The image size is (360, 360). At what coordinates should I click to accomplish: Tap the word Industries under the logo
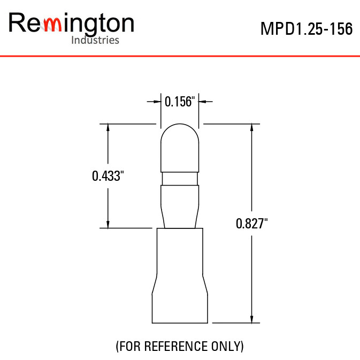point(95,40)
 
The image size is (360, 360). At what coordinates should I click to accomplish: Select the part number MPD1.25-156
point(307,29)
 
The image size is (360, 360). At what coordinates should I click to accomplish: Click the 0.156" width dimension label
point(180,102)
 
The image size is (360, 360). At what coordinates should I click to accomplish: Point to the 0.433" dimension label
point(108,176)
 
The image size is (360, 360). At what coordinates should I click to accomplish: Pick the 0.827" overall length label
point(251,224)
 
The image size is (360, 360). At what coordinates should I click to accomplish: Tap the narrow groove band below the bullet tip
point(180,179)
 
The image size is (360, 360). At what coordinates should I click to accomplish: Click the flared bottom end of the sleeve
point(180,298)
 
